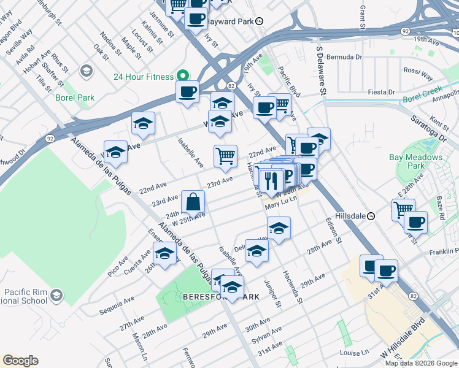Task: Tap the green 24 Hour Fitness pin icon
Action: tap(182, 75)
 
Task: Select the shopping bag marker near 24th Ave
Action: tap(193, 202)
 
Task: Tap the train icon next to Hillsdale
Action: tap(371, 217)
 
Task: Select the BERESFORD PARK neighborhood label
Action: tap(221, 297)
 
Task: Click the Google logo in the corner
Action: tap(20, 361)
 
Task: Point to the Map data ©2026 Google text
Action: tap(420, 363)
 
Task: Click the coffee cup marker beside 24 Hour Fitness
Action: tap(188, 93)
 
